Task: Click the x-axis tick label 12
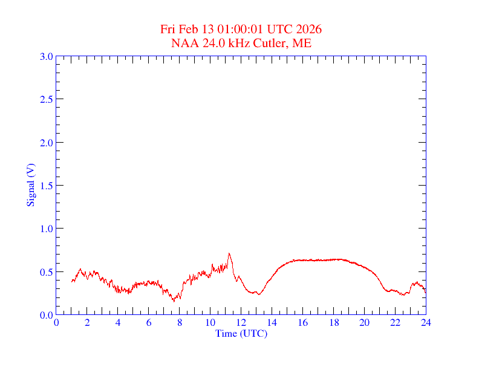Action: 241,323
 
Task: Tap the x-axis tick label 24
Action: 426,323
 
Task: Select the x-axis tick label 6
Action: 149,323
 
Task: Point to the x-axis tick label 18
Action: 333,323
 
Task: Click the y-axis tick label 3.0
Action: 47,56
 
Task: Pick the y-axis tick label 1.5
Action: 47,186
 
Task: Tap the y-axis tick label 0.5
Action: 47,272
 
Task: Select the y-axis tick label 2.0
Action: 47,143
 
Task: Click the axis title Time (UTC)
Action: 241,333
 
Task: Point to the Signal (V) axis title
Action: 30,185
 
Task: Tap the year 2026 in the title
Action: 309,30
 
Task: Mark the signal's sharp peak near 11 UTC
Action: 229,253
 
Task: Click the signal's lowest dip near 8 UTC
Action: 173,300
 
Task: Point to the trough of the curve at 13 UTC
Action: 258,294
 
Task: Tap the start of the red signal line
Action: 71,281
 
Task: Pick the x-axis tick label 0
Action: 56,323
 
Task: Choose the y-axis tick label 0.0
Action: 47,315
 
